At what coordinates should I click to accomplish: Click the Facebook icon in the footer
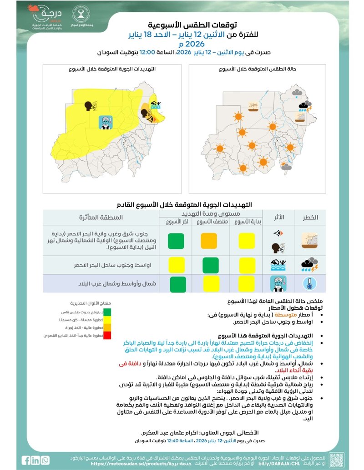pyautogui.click(x=27, y=460)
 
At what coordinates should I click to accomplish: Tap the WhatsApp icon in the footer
pyautogui.click(x=45, y=460)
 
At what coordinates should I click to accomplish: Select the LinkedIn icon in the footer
pyautogui.click(x=35, y=460)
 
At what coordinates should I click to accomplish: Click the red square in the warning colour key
pyautogui.click(x=107, y=336)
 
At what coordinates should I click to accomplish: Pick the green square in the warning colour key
pyautogui.click(x=107, y=312)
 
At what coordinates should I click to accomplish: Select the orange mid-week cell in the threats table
pyautogui.click(x=209, y=240)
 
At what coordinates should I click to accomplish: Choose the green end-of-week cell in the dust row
pyautogui.click(x=175, y=240)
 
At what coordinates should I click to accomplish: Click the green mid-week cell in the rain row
pyautogui.click(x=209, y=264)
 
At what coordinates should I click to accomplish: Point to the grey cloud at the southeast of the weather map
pyautogui.click(x=286, y=167)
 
